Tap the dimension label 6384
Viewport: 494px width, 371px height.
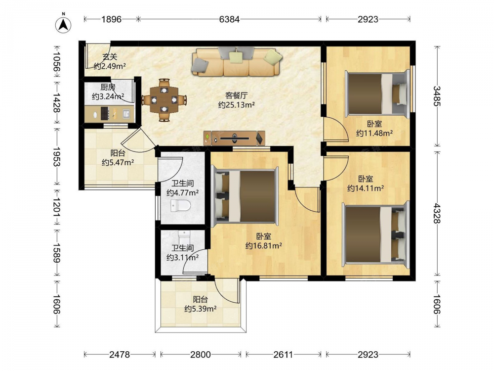[x=229, y=19]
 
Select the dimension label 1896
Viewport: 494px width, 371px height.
[x=112, y=19]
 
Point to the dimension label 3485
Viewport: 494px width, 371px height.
[x=437, y=96]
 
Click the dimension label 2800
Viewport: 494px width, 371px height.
[x=201, y=355]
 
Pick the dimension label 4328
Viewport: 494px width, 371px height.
[x=437, y=213]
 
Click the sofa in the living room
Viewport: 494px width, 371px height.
[x=236, y=61]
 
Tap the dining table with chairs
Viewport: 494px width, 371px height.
[x=164, y=100]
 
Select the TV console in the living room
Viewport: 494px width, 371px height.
[x=234, y=138]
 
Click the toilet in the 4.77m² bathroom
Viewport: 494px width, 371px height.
[x=180, y=206]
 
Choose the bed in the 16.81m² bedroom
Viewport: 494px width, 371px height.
[x=245, y=196]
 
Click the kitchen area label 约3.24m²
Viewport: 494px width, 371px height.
[x=108, y=96]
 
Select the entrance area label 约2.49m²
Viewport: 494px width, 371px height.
[x=110, y=66]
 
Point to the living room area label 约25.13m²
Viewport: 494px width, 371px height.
[x=236, y=105]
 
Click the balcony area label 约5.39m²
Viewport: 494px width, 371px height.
[x=201, y=309]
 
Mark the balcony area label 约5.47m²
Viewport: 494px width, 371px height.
[x=118, y=163]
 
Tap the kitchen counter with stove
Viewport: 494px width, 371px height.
[x=109, y=114]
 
